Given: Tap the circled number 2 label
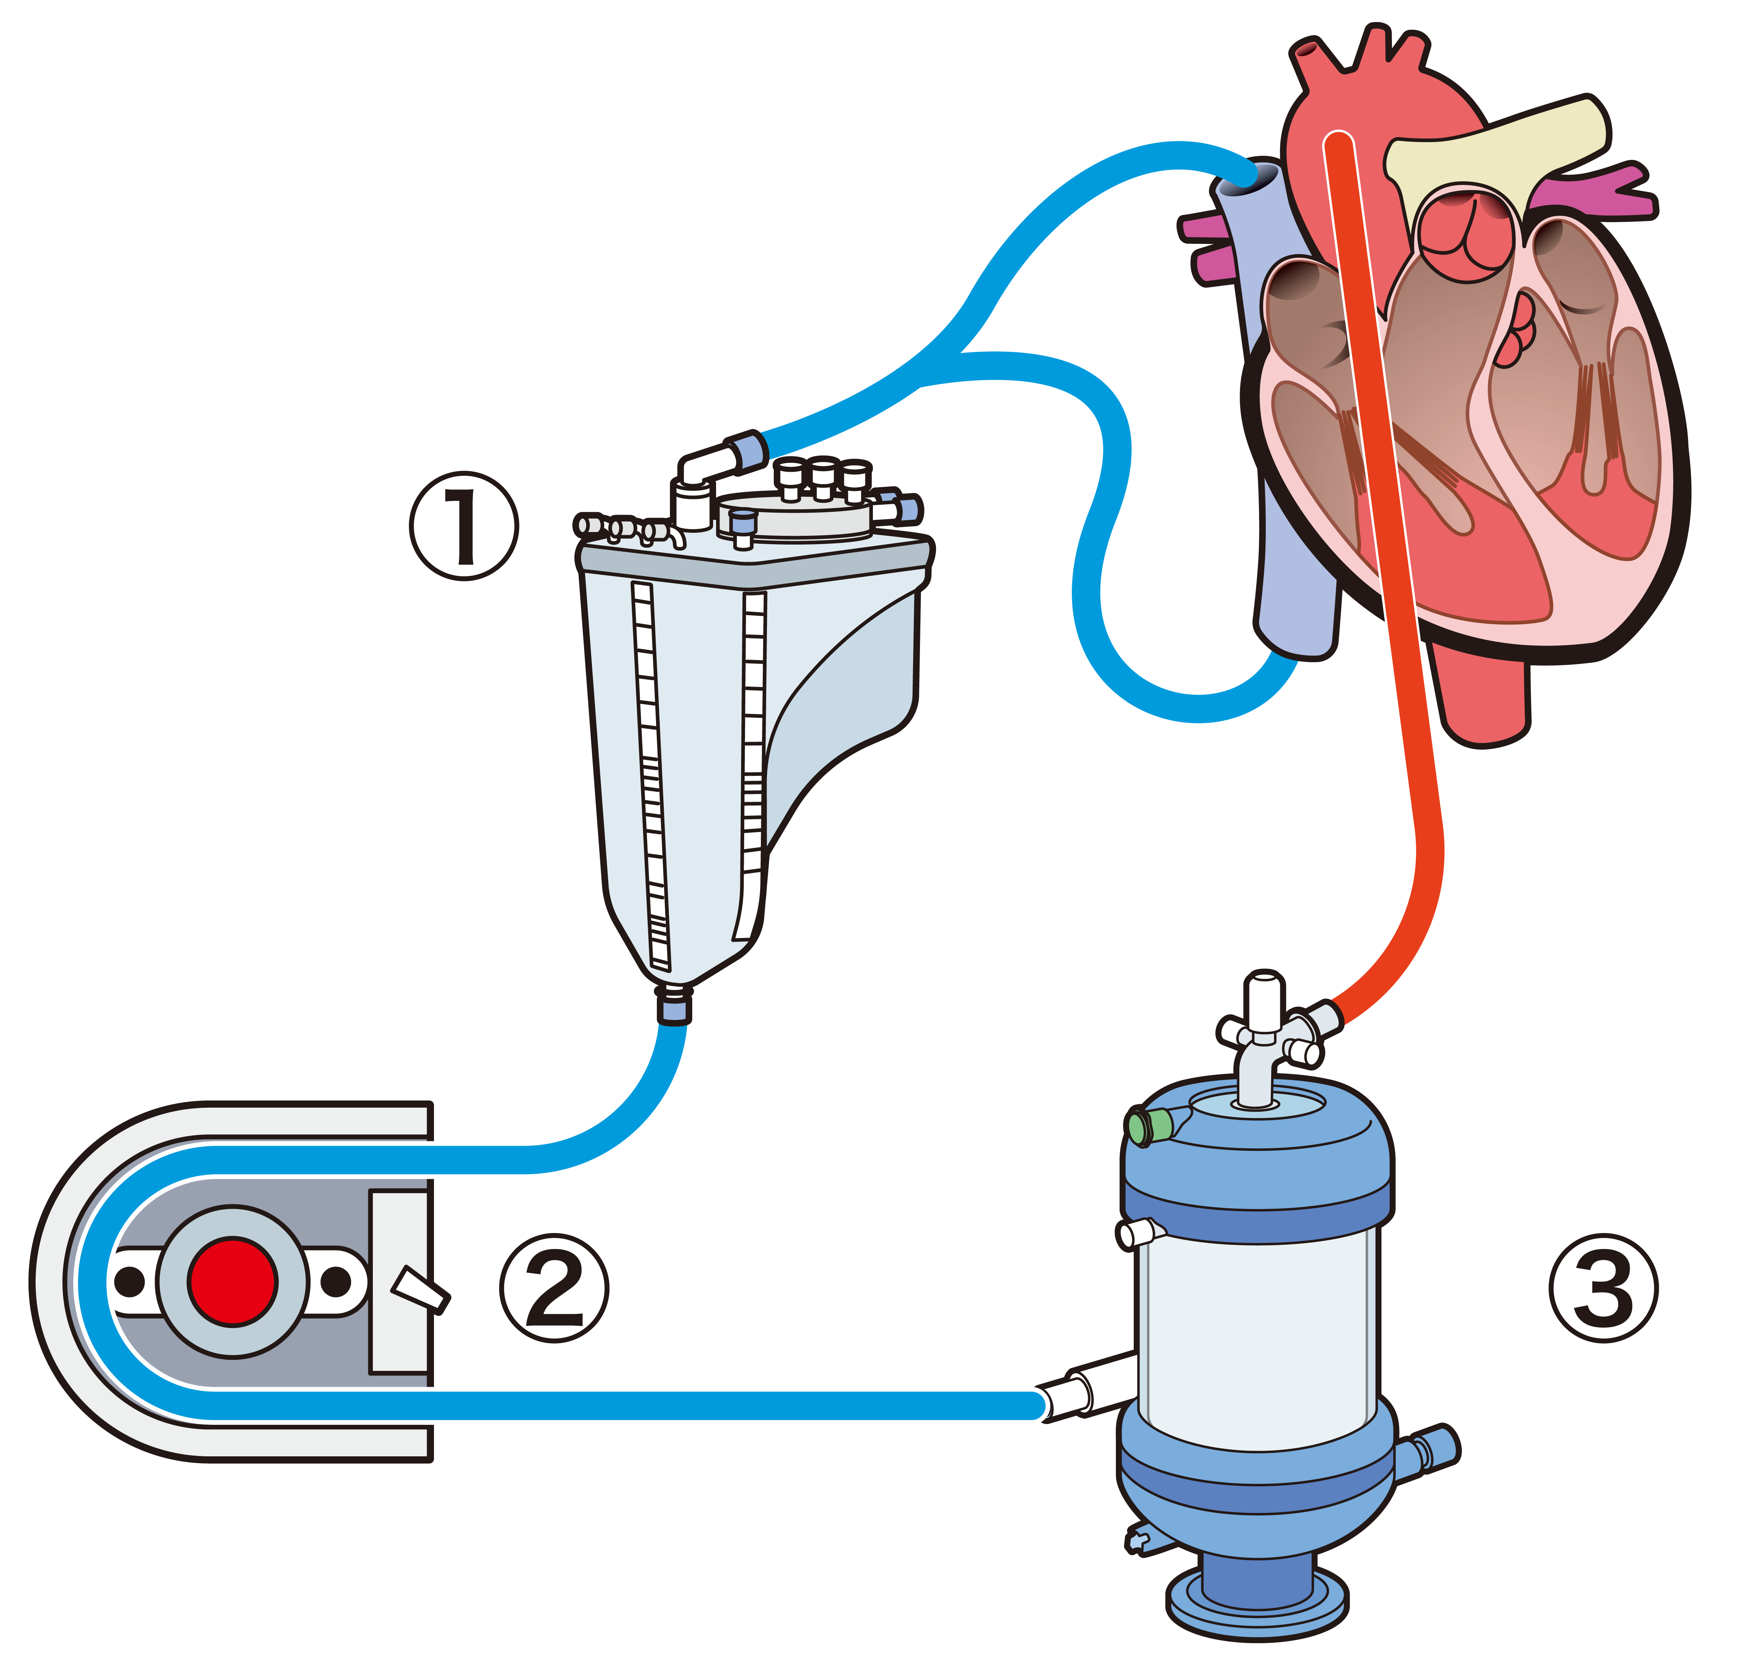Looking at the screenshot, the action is [555, 1288].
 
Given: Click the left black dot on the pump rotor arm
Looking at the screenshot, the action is [130, 1282].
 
